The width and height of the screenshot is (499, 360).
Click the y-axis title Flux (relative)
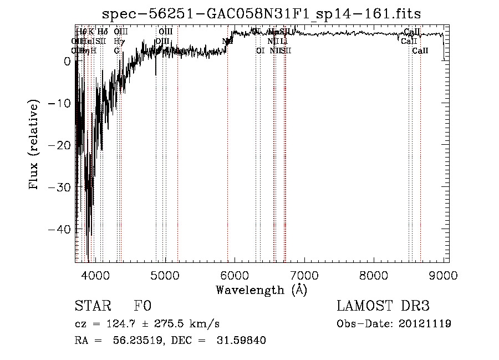point(34,145)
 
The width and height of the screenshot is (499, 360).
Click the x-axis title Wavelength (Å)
point(261,290)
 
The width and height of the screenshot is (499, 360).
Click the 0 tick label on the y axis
point(67,62)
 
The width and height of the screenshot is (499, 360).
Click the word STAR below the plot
point(93,307)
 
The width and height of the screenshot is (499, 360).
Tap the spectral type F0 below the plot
point(142,307)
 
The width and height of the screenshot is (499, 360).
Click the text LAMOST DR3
point(383,307)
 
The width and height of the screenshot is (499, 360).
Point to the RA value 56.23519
point(133,341)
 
